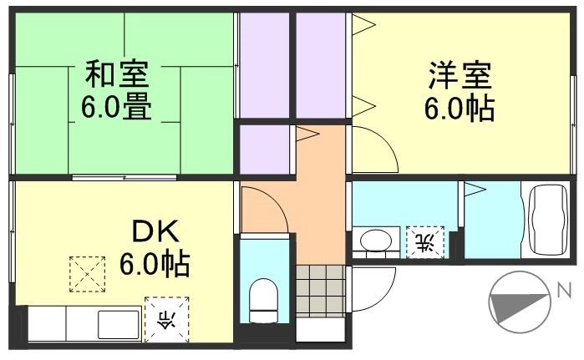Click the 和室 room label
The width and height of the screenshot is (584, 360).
[117, 74]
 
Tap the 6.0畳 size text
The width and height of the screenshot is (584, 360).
[116, 108]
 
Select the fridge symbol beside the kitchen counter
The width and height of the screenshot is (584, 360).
[166, 318]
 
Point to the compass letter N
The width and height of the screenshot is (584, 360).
[565, 291]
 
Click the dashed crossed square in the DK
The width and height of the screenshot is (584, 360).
[87, 271]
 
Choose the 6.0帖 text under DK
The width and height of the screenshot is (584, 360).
[154, 266]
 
